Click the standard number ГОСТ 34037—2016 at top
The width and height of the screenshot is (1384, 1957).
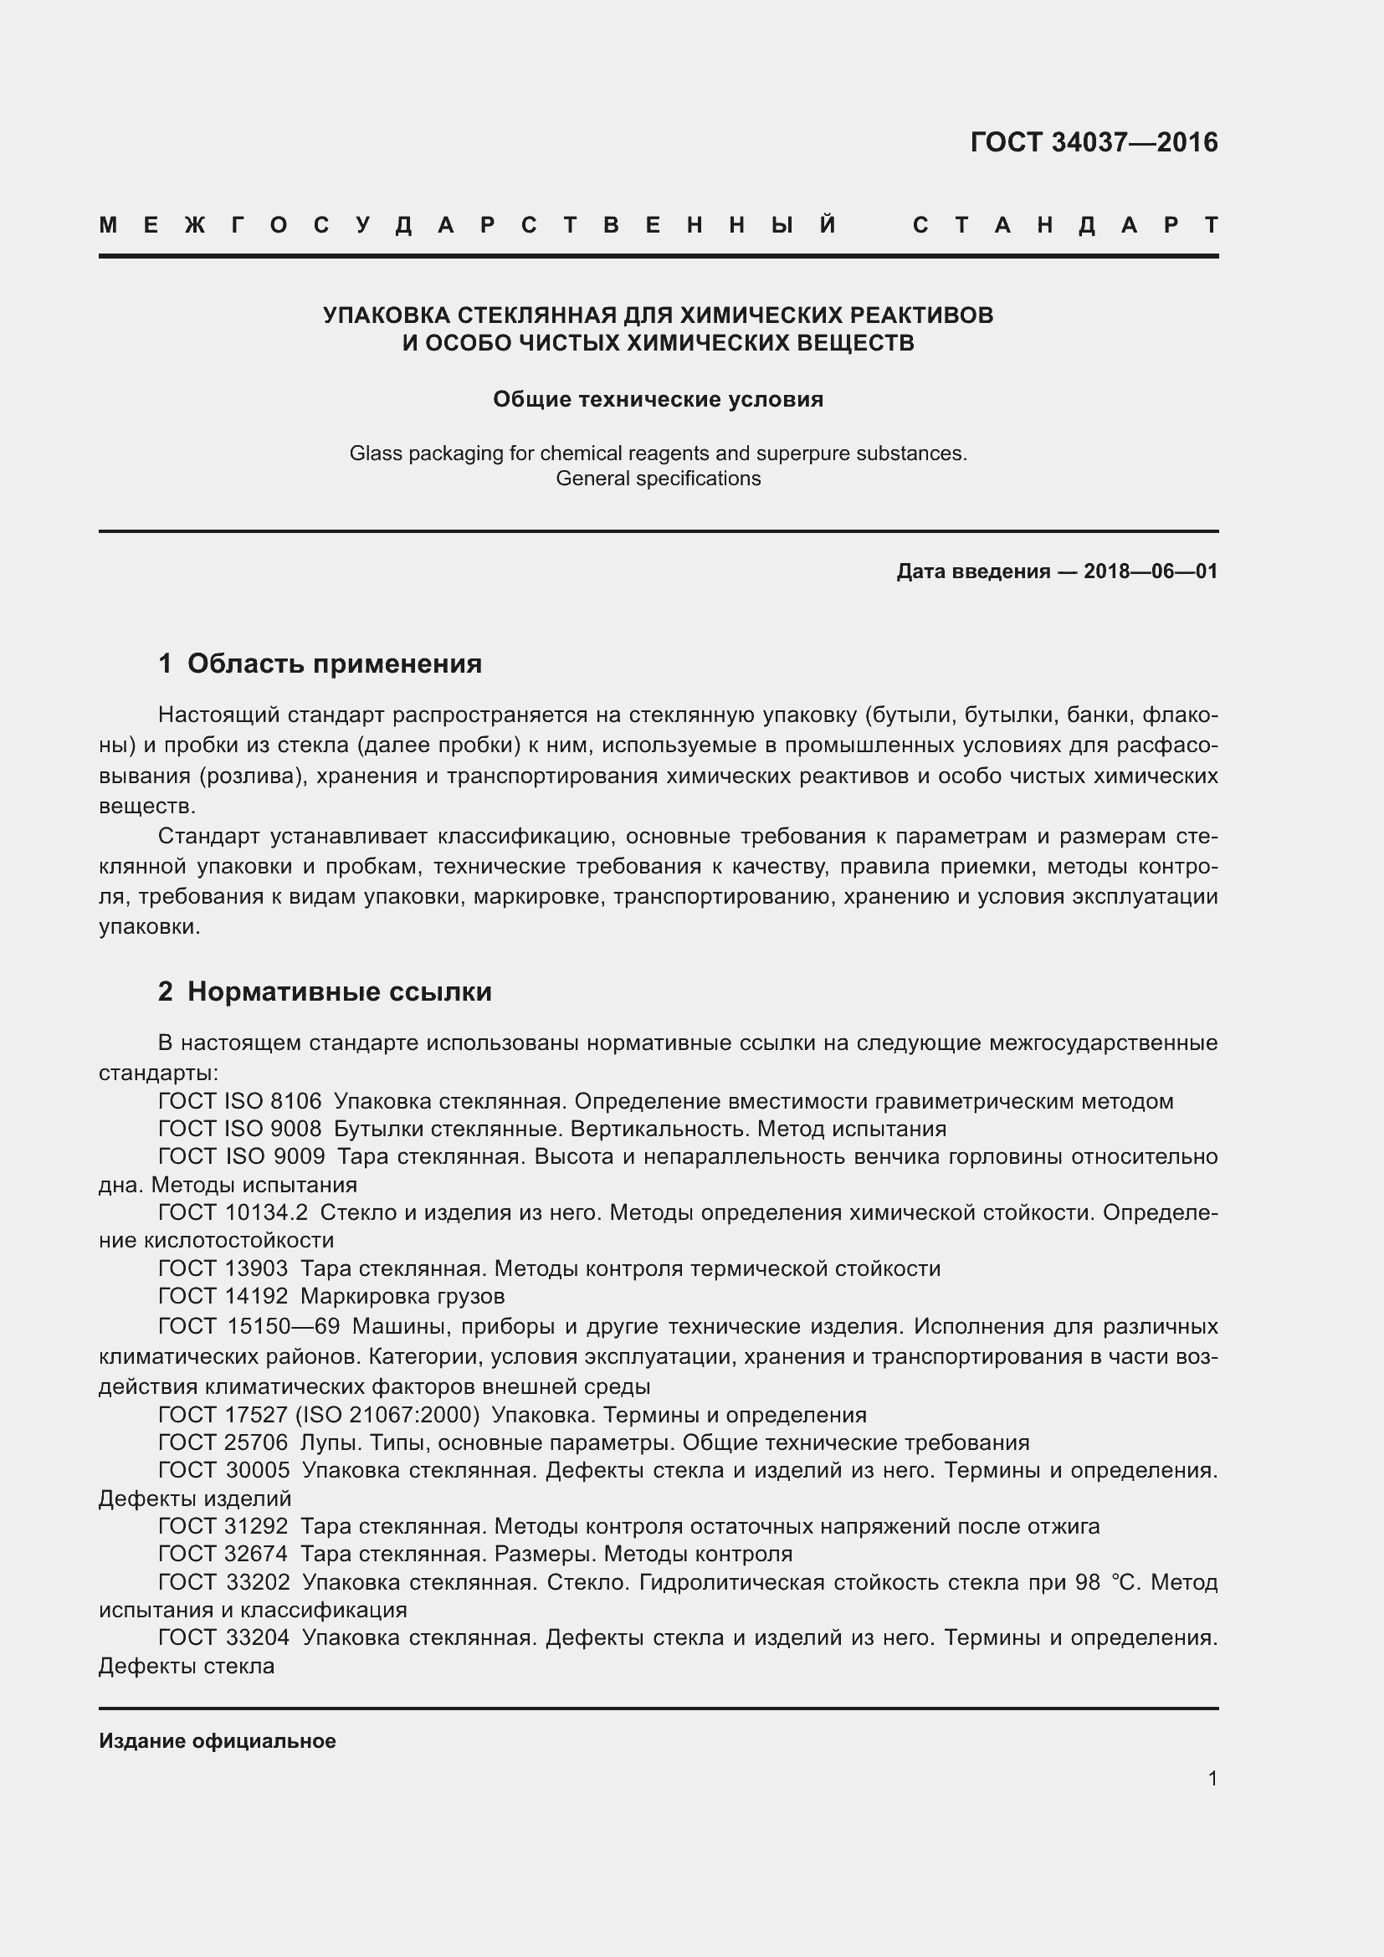(1094, 142)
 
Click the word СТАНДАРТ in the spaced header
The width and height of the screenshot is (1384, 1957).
(1065, 226)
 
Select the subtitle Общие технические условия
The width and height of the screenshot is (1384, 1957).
(658, 400)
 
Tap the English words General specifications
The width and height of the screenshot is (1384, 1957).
(658, 479)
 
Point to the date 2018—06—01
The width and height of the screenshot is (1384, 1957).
(1151, 572)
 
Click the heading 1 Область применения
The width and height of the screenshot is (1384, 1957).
(320, 663)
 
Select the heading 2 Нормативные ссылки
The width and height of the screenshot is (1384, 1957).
(325, 991)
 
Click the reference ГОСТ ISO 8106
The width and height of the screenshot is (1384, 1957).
(240, 1101)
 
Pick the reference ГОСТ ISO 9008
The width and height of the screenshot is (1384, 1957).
(240, 1130)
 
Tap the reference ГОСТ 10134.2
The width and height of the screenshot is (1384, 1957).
(233, 1212)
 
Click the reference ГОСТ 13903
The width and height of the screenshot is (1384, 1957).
(223, 1268)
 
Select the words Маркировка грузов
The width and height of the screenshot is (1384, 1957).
(402, 1296)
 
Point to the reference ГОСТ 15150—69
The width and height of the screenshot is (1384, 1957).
(249, 1326)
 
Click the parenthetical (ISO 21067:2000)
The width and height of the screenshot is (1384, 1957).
(387, 1415)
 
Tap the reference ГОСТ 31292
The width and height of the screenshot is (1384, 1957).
(223, 1526)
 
